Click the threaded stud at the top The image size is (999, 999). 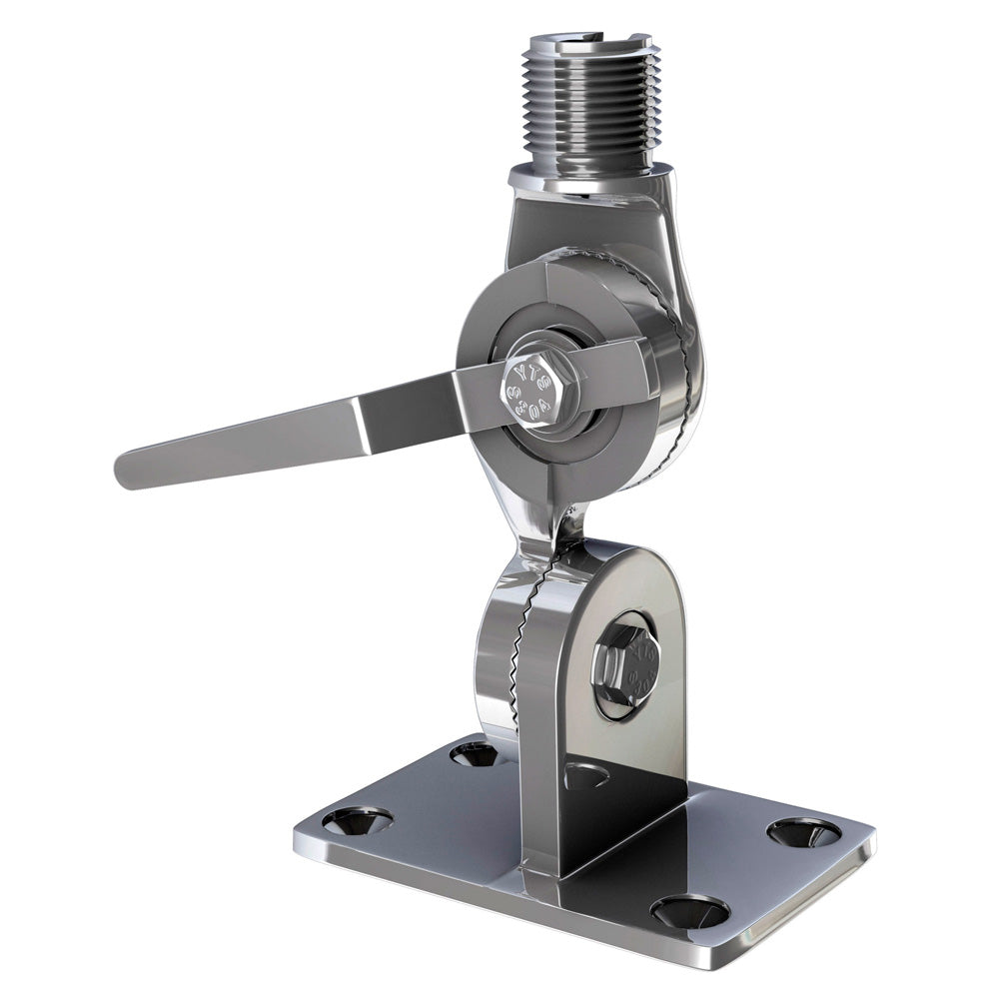click(x=589, y=110)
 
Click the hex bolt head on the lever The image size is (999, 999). click(x=540, y=390)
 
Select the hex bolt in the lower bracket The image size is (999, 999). click(x=625, y=667)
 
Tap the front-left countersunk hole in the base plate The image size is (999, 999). click(x=357, y=821)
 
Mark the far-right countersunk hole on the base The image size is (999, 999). click(x=804, y=831)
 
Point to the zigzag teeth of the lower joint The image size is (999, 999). click(x=519, y=639)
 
